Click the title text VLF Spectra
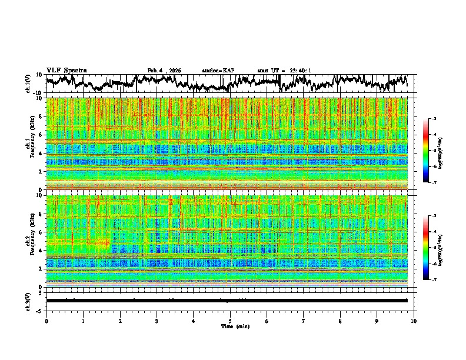click(x=66, y=71)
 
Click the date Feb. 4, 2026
click(x=164, y=71)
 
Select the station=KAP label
click(x=218, y=71)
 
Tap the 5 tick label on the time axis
click(x=230, y=321)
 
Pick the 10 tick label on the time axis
click(x=414, y=321)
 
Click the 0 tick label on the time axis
click(x=46, y=321)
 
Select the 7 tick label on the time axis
click(x=304, y=321)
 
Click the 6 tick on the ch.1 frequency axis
click(x=42, y=135)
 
